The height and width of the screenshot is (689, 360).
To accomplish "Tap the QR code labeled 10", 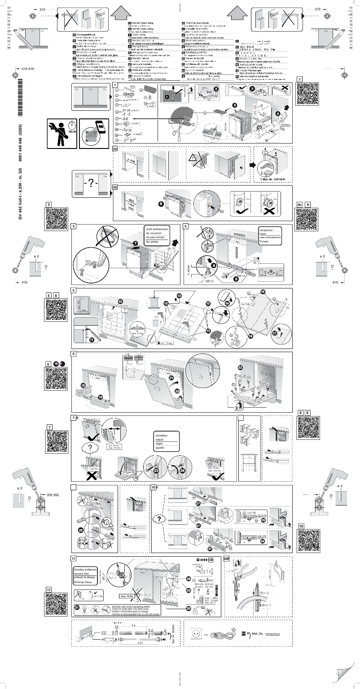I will coord(308,541).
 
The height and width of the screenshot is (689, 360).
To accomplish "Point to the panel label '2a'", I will coord(115,148).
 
